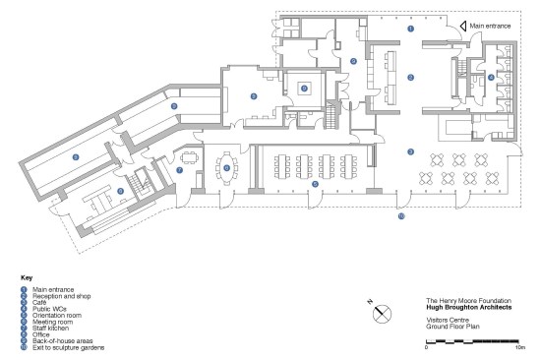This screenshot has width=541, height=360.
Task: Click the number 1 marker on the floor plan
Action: pyautogui.click(x=410, y=29)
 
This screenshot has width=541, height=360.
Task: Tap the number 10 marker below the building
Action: pyautogui.click(x=401, y=216)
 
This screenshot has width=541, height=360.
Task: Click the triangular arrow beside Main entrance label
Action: pyautogui.click(x=463, y=26)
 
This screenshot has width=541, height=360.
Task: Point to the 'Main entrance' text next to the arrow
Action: pyautogui.click(x=490, y=26)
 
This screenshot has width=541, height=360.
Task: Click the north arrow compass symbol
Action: pyautogui.click(x=382, y=314)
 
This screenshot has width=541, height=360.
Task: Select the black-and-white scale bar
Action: pyautogui.click(x=472, y=341)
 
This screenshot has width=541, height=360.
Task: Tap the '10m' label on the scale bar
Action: pyautogui.click(x=519, y=347)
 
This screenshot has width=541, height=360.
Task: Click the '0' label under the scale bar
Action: pyautogui.click(x=426, y=347)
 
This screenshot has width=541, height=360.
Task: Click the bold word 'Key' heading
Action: pyautogui.click(x=27, y=277)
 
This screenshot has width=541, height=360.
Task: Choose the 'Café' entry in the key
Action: pyautogui.click(x=39, y=302)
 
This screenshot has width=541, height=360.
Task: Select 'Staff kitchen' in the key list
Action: pyautogui.click(x=51, y=329)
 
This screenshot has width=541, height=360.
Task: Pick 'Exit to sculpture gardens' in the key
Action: pyautogui.click(x=68, y=347)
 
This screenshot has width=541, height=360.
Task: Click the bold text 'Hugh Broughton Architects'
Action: pyautogui.click(x=469, y=307)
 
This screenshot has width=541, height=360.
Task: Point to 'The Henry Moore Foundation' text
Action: pyautogui.click(x=468, y=301)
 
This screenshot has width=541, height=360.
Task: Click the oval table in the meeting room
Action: pyautogui.click(x=226, y=168)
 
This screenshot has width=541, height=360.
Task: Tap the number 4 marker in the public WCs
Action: pyautogui.click(x=491, y=78)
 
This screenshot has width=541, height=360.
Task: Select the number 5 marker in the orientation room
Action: pyautogui.click(x=315, y=184)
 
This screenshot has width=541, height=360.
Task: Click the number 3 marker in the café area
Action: pyautogui.click(x=410, y=151)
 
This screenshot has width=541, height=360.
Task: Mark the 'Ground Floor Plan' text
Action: pyautogui.click(x=452, y=327)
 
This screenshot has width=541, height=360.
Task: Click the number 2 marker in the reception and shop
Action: pyautogui.click(x=410, y=78)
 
